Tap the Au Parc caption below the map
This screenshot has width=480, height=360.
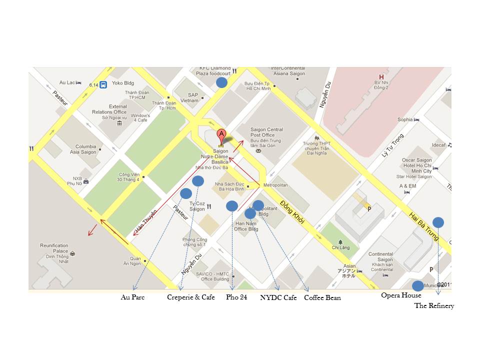tap(132, 297)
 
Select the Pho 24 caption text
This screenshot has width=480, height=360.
tap(236, 297)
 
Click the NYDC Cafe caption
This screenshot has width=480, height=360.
tap(278, 297)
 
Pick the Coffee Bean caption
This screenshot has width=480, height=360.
tap(322, 298)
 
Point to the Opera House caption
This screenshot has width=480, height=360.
tap(401, 295)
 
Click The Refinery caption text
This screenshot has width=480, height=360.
tap(434, 305)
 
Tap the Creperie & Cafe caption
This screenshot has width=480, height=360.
tap(190, 297)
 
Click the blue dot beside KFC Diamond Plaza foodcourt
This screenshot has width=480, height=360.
tap(221, 83)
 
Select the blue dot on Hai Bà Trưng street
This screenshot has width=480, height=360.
tap(438, 222)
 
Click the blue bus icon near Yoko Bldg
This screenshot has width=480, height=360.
tap(103, 85)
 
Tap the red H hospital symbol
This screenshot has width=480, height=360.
tap(381, 77)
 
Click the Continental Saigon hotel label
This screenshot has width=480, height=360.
tap(381, 256)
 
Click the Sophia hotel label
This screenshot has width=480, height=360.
tap(405, 119)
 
